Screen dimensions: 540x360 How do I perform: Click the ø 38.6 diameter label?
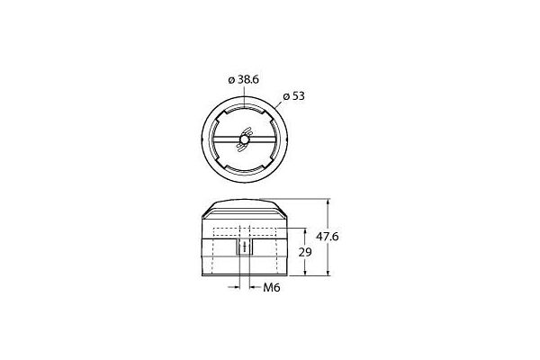pyautogui.click(x=244, y=79)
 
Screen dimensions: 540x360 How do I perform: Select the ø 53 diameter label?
pyautogui.click(x=293, y=96)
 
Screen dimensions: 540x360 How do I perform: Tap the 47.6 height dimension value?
pyautogui.click(x=328, y=237)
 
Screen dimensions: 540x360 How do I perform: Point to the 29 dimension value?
pyautogui.click(x=305, y=252)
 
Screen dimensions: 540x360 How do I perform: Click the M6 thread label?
pyautogui.click(x=272, y=287)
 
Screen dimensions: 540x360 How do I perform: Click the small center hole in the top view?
pyautogui.click(x=244, y=139)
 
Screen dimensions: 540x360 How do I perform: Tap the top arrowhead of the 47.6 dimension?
pyautogui.click(x=328, y=202)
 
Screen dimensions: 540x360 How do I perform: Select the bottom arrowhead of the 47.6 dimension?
pyautogui.click(x=328, y=272)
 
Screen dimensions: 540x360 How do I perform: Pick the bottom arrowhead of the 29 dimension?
pyautogui.click(x=305, y=272)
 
